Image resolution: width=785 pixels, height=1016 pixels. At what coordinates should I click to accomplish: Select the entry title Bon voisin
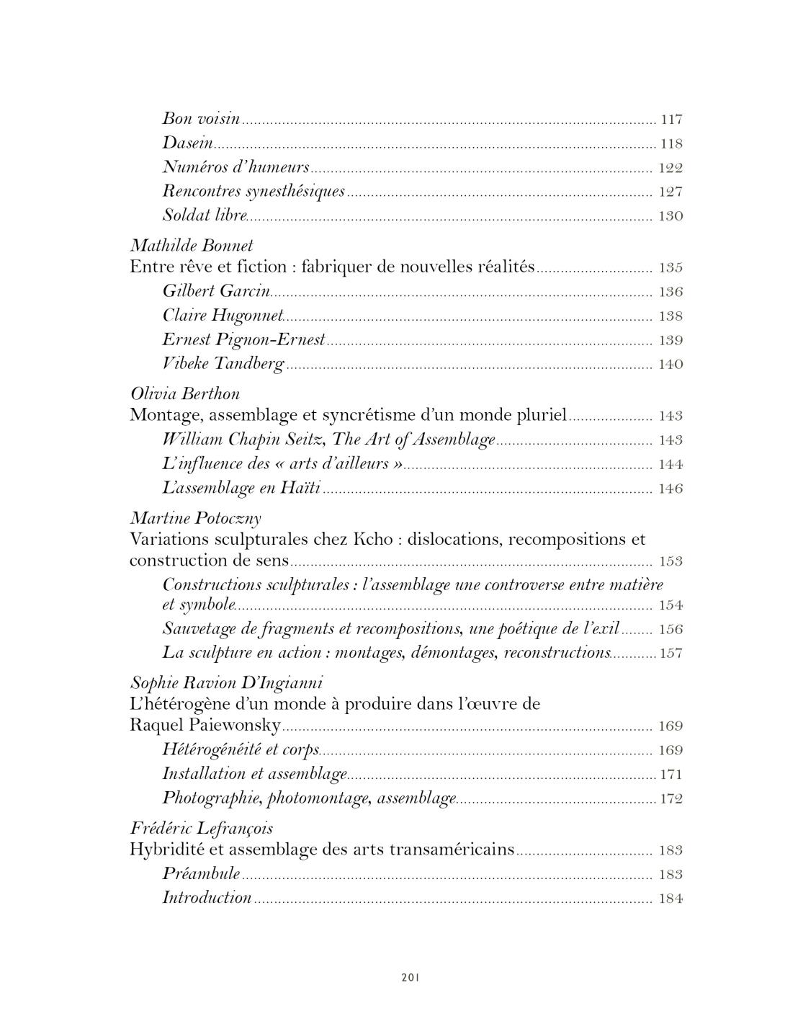[201, 119]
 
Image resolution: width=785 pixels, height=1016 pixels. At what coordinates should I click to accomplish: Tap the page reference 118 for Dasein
[671, 143]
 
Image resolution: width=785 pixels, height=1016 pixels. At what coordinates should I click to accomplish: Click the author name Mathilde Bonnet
[192, 245]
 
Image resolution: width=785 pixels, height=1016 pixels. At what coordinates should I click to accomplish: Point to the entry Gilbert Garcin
[216, 291]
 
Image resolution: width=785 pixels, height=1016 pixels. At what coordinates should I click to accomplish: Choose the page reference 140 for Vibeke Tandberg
[670, 364]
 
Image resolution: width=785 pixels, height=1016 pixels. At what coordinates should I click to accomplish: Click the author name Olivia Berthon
[185, 393]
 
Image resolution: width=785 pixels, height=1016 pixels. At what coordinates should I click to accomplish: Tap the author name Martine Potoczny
[196, 518]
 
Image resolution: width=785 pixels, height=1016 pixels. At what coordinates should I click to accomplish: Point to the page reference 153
[670, 561]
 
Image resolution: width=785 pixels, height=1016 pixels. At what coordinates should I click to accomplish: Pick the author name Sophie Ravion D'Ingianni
[227, 682]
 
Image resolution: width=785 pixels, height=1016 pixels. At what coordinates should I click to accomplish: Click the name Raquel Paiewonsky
[205, 725]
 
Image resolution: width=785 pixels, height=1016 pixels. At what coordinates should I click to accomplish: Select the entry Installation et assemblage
[255, 774]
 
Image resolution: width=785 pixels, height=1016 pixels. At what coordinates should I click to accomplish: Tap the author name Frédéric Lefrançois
[202, 828]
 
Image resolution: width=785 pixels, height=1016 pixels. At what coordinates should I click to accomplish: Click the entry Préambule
[201, 874]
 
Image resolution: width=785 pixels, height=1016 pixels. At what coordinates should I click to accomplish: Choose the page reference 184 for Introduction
[670, 899]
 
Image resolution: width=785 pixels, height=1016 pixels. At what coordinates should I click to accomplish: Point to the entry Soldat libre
[205, 215]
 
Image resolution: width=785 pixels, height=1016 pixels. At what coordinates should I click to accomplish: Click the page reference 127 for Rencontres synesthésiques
[670, 192]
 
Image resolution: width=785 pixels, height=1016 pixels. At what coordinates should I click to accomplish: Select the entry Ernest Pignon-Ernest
[243, 339]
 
